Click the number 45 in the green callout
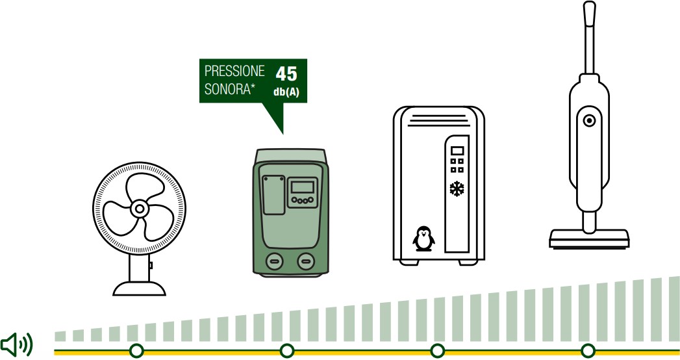(286, 73)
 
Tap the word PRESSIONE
(234, 71)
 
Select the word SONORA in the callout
(227, 89)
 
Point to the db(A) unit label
(286, 92)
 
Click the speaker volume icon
(16, 345)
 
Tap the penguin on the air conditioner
(423, 238)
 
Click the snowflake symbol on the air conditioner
(457, 188)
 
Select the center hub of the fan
(139, 209)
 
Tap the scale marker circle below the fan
(136, 350)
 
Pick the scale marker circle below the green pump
(286, 350)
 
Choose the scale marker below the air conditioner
(438, 350)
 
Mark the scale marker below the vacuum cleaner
(588, 350)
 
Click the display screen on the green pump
(302, 187)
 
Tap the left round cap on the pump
(274, 261)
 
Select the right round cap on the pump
(306, 261)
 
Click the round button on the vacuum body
(589, 121)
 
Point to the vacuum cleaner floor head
(589, 238)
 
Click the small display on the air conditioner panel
(457, 151)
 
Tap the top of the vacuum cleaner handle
(589, 5)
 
